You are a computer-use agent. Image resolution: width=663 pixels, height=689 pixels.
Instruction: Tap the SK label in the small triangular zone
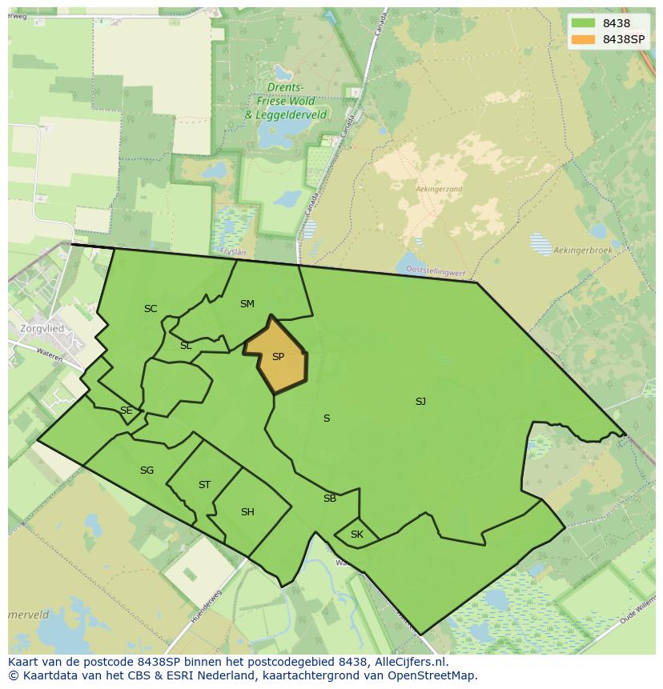point(357,535)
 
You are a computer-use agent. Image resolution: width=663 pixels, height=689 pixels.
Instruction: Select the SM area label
point(247,304)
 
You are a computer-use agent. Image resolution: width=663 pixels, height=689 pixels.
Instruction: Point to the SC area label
point(151,309)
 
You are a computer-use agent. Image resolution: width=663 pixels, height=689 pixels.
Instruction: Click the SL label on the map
point(186,346)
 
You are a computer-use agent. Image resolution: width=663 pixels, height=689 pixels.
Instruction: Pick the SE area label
point(126,411)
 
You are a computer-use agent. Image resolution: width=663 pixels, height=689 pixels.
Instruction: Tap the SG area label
point(147,471)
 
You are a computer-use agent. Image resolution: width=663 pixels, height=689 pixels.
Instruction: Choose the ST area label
point(204,485)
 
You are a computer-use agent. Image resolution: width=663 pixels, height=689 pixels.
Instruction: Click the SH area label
point(247,512)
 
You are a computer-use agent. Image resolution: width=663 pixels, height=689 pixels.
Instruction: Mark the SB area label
point(330,499)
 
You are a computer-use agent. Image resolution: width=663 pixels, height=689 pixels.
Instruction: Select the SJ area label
point(420,402)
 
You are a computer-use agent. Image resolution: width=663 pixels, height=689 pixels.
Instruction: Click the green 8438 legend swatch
point(583,23)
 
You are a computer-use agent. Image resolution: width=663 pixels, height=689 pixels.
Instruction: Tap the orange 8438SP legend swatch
point(583,39)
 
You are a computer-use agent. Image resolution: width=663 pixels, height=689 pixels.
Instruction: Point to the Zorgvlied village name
point(43,328)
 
